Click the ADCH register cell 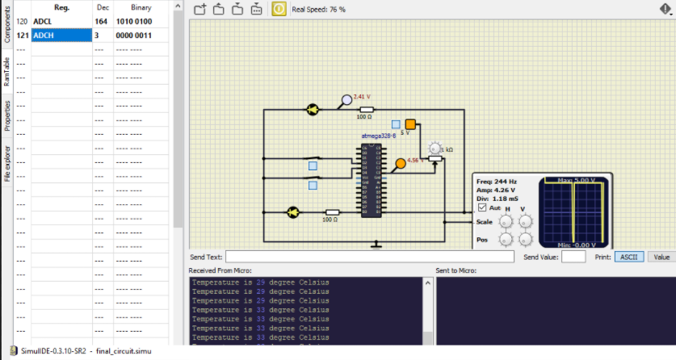click(x=61, y=36)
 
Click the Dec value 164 click(x=101, y=22)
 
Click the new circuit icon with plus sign click(x=200, y=10)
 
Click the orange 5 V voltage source click(x=410, y=124)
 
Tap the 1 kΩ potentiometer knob click(x=436, y=150)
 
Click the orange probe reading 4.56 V click(x=400, y=165)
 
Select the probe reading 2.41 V click(x=347, y=100)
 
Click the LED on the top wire click(x=312, y=110)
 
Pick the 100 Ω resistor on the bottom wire click(x=330, y=212)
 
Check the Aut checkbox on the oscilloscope click(x=482, y=207)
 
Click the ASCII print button click(x=628, y=257)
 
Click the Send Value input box click(x=573, y=257)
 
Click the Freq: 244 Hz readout click(x=496, y=182)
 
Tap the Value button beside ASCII click(x=661, y=257)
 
